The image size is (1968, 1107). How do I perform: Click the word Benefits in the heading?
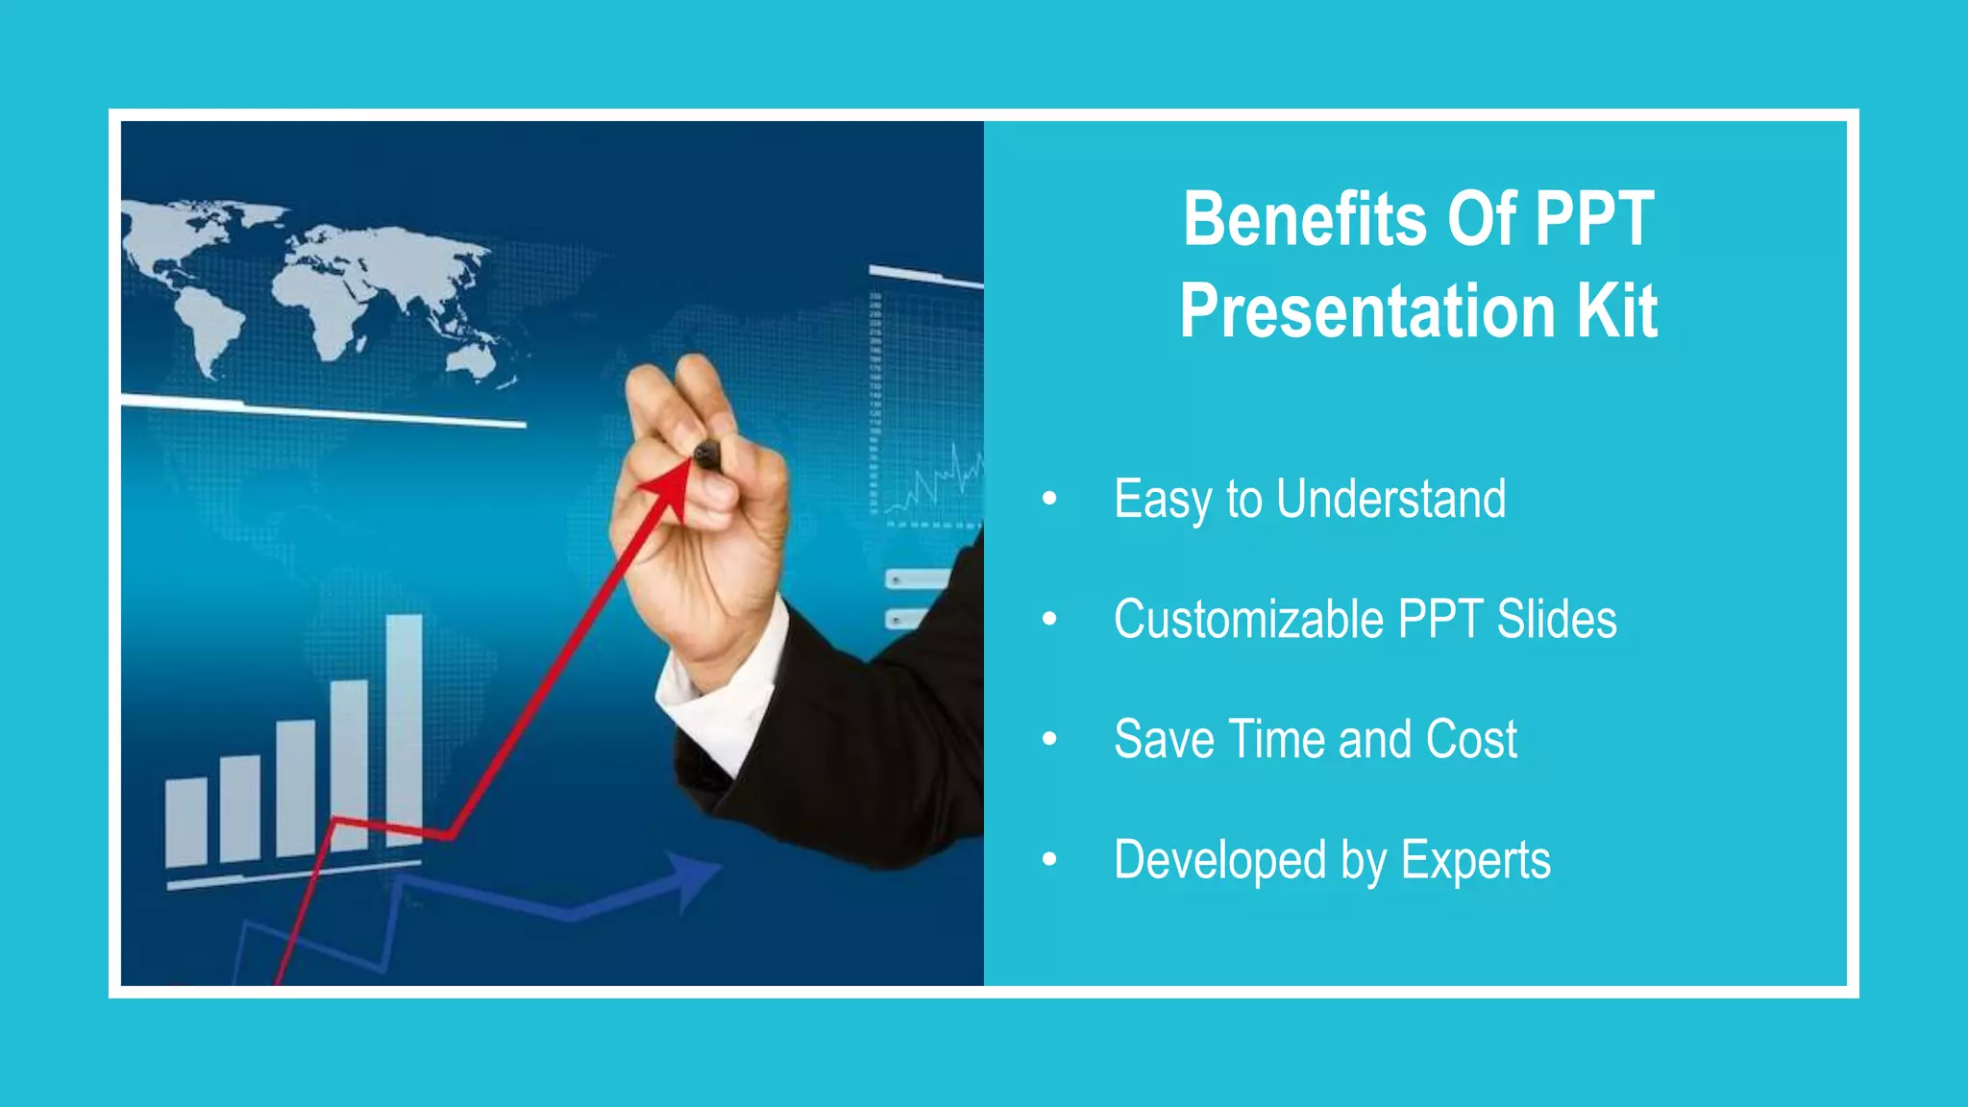point(1305,219)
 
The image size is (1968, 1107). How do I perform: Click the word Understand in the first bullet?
point(1390,499)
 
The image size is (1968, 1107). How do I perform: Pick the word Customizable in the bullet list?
point(1248,619)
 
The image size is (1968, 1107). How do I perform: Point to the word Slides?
point(1557,619)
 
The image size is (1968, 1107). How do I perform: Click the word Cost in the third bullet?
point(1471,739)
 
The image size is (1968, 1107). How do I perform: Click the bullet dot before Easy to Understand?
point(1049,498)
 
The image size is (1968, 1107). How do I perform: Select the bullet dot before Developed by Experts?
point(1049,859)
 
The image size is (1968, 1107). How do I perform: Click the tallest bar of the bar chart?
point(404,730)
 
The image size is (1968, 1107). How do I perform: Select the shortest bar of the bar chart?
point(186,822)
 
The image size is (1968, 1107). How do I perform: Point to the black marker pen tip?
point(707,455)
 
